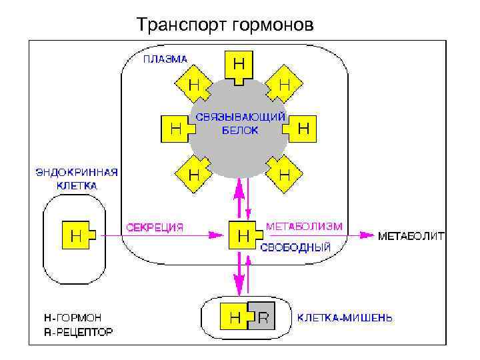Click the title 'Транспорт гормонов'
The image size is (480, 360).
click(x=224, y=25)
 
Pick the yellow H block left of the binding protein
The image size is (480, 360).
click(x=175, y=129)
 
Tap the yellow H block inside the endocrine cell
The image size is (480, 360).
click(x=77, y=235)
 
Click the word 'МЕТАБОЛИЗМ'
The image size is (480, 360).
click(x=304, y=227)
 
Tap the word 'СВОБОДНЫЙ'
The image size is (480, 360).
click(x=295, y=247)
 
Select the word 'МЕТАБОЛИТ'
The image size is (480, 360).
click(x=411, y=236)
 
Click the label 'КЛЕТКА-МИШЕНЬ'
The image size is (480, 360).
click(x=345, y=318)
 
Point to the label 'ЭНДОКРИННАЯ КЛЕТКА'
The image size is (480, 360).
click(x=77, y=179)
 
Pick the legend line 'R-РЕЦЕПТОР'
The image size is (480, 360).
click(x=73, y=331)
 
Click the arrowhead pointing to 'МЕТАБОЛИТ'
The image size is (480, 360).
click(x=367, y=235)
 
